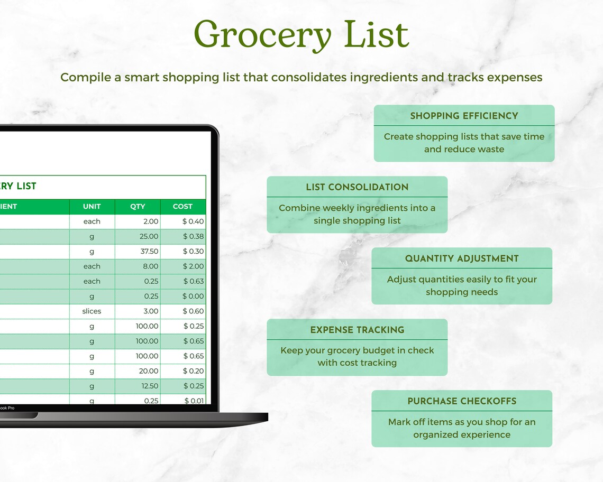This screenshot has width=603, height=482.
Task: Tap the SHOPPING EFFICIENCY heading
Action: pyautogui.click(x=464, y=116)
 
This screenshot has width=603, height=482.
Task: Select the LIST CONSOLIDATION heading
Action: pyautogui.click(x=357, y=187)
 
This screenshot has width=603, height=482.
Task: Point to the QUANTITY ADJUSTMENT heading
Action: pyautogui.click(x=462, y=258)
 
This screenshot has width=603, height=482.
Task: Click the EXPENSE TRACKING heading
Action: pyautogui.click(x=357, y=330)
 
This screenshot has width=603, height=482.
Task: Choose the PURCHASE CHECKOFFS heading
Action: pyautogui.click(x=462, y=401)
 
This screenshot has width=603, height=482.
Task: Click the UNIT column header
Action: pyautogui.click(x=92, y=207)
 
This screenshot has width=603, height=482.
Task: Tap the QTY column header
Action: pyautogui.click(x=138, y=207)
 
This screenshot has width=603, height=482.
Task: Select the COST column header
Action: pyautogui.click(x=182, y=207)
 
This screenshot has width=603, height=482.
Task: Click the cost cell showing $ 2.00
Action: pyautogui.click(x=193, y=266)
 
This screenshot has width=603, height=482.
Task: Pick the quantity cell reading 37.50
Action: pyautogui.click(x=149, y=252)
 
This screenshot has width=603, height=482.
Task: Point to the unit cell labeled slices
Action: pyautogui.click(x=92, y=311)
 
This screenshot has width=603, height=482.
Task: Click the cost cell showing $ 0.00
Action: pyautogui.click(x=193, y=296)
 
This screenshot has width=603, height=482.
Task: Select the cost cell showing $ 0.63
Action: pyautogui.click(x=193, y=281)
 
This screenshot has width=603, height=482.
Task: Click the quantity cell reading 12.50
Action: pyautogui.click(x=150, y=386)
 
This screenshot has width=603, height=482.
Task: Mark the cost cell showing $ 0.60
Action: pyautogui.click(x=193, y=311)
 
